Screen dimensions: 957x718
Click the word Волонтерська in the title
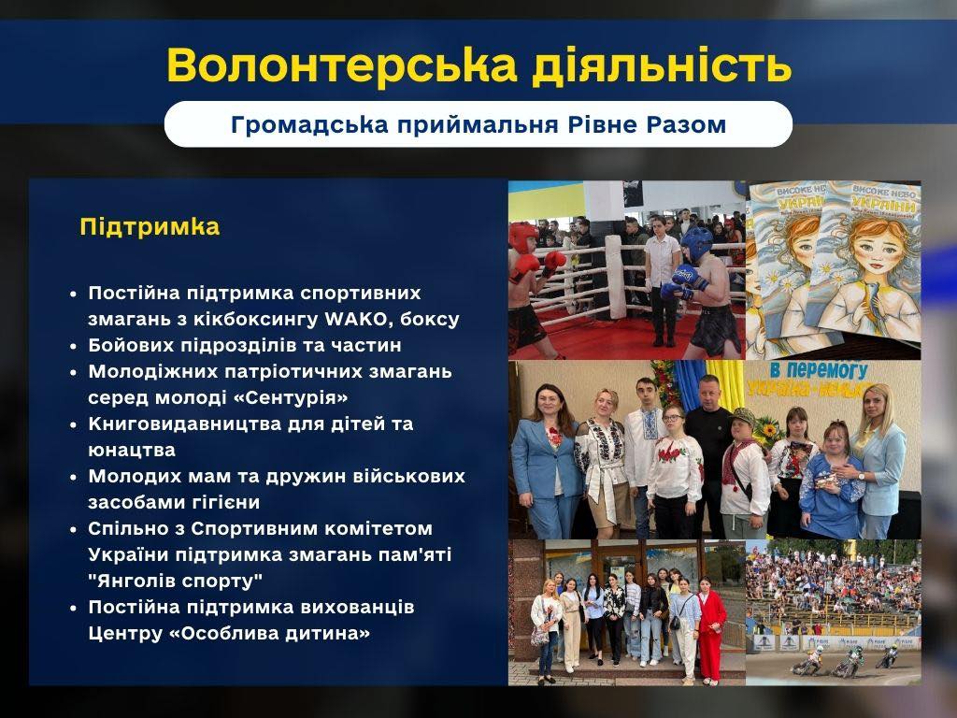pos(341,65)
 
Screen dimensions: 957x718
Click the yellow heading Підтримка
pos(150,226)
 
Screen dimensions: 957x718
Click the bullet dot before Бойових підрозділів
pos(74,346)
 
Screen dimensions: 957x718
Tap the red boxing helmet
pos(523,237)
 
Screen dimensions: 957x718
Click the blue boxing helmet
pos(696,242)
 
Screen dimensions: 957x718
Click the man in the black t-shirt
pos(708,452)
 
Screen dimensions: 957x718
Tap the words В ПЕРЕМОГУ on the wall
pos(818,369)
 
